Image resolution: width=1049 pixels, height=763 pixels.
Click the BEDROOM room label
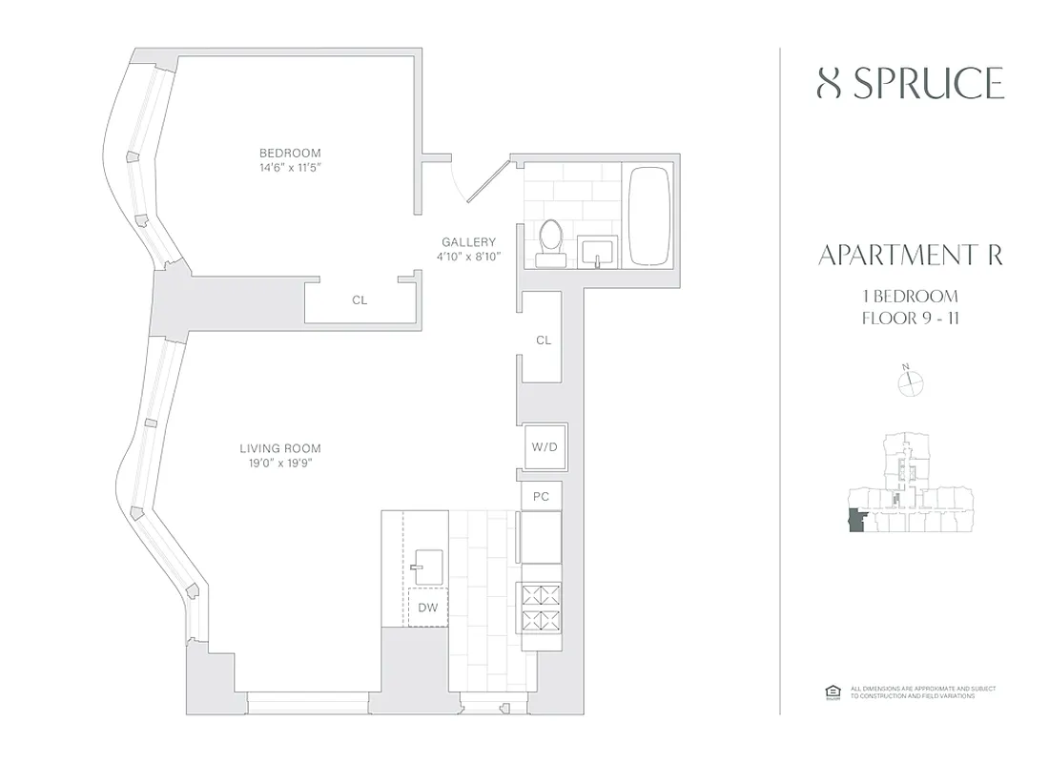click(x=290, y=153)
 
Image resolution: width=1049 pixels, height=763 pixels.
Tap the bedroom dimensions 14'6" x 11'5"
click(x=290, y=168)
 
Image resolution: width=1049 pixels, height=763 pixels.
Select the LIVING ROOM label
click(x=279, y=448)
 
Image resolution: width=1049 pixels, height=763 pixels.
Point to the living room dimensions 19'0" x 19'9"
click(x=279, y=464)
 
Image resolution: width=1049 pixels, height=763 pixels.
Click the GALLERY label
click(x=468, y=242)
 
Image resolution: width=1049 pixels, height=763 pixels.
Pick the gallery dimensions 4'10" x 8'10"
click(x=468, y=257)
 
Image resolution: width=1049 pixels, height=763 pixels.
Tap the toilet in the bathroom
click(x=550, y=241)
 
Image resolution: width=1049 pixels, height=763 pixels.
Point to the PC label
click(x=541, y=496)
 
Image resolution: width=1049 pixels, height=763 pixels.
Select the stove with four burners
click(x=541, y=608)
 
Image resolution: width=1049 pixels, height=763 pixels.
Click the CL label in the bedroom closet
click(x=360, y=299)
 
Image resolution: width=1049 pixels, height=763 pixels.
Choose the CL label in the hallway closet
click(x=544, y=340)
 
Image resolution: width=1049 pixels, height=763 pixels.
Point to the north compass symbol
click(x=912, y=381)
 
